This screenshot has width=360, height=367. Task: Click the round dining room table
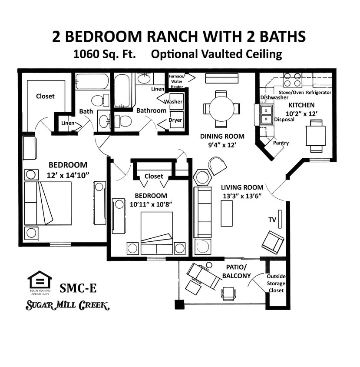[221, 108]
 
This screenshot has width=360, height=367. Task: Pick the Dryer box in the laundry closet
[175, 120]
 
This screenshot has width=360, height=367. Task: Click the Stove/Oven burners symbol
[292, 80]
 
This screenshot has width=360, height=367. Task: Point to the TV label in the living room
[272, 220]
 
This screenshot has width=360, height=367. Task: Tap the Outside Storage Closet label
[276, 284]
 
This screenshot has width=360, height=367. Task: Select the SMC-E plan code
[79, 288]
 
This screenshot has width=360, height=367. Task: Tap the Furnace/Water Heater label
[176, 81]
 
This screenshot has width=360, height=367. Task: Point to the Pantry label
[281, 143]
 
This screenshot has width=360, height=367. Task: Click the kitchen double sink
[266, 114]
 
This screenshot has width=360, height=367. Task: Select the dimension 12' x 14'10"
[68, 176]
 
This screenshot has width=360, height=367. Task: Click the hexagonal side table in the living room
[202, 177]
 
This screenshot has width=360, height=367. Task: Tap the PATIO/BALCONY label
[236, 271]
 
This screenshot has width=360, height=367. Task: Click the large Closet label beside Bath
[45, 96]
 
